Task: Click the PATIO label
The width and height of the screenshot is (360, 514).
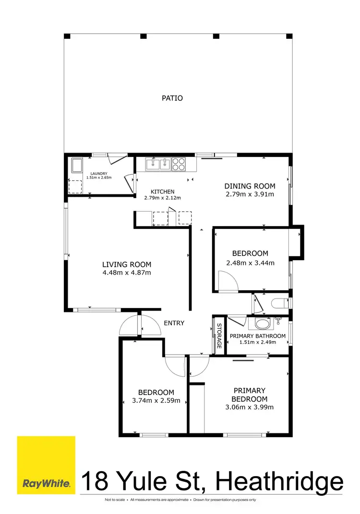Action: [172, 98]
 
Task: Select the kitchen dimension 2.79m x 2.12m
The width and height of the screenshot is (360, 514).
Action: [163, 198]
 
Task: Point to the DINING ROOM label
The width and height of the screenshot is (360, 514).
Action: [250, 186]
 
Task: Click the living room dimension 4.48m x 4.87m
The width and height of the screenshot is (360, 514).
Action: [127, 273]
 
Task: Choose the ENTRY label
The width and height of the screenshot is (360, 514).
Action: [174, 323]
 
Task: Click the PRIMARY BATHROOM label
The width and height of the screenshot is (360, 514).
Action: [258, 336]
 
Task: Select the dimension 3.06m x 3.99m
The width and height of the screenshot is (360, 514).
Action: [250, 407]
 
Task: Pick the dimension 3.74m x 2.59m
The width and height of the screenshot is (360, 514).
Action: [156, 401]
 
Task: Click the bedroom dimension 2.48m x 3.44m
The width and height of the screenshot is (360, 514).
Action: [250, 263]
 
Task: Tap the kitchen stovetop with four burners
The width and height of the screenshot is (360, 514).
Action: [179, 164]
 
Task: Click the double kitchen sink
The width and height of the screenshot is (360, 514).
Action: [158, 164]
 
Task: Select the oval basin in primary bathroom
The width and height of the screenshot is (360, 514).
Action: [263, 323]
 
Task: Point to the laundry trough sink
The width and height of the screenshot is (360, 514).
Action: [76, 166]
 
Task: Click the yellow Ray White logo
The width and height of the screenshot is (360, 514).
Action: [46, 465]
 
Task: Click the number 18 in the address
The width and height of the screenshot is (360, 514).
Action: [94, 481]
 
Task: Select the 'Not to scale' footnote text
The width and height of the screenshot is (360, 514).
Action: [116, 500]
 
